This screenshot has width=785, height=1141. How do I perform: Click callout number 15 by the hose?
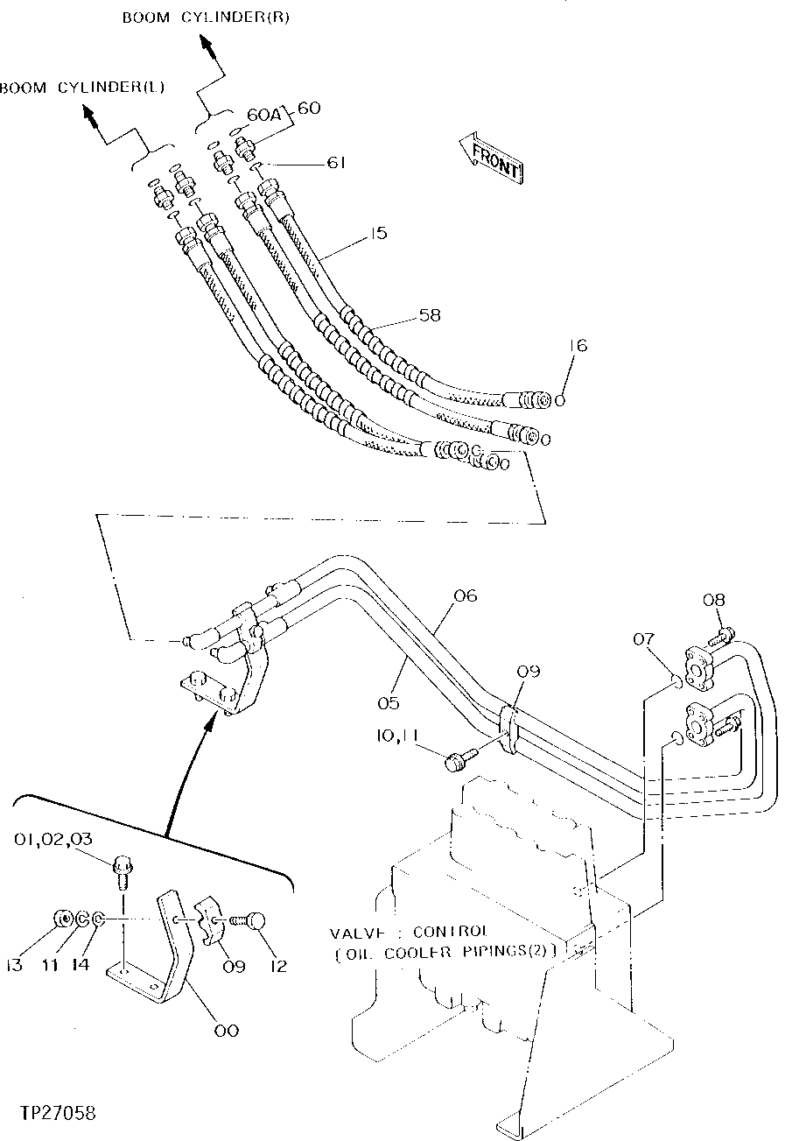[377, 234]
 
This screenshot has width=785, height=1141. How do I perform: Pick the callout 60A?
[259, 114]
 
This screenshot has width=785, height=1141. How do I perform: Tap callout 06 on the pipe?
[466, 596]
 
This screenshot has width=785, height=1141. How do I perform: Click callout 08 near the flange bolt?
[714, 601]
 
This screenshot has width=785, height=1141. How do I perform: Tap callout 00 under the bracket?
[225, 1031]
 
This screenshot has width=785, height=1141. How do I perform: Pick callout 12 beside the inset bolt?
[278, 967]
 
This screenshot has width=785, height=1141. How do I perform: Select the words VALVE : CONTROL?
[408, 932]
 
